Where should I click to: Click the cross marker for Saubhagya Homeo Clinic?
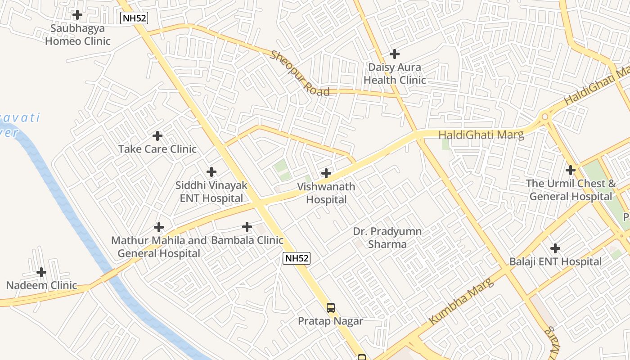click(x=77, y=15)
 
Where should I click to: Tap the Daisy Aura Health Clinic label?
click(x=395, y=74)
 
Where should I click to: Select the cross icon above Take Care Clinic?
click(x=157, y=135)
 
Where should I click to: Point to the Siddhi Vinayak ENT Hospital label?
click(x=211, y=192)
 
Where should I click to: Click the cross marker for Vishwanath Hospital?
click(x=326, y=173)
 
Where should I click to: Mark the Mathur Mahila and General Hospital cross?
click(x=159, y=227)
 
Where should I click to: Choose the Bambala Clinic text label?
click(x=247, y=240)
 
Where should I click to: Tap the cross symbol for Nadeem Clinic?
click(x=41, y=272)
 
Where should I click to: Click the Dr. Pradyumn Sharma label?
click(x=387, y=238)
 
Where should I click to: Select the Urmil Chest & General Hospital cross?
click(x=571, y=170)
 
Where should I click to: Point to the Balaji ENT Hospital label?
click(x=555, y=262)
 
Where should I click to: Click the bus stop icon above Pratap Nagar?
click(x=331, y=308)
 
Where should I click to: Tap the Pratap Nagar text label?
click(x=330, y=321)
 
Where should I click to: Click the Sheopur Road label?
click(x=300, y=74)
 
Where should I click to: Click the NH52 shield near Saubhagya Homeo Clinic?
click(x=134, y=18)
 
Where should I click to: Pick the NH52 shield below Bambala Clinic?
click(x=297, y=258)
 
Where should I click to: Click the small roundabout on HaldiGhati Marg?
click(x=545, y=117)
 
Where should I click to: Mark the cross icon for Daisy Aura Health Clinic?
click(x=395, y=54)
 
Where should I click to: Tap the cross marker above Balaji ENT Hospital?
click(x=555, y=248)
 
